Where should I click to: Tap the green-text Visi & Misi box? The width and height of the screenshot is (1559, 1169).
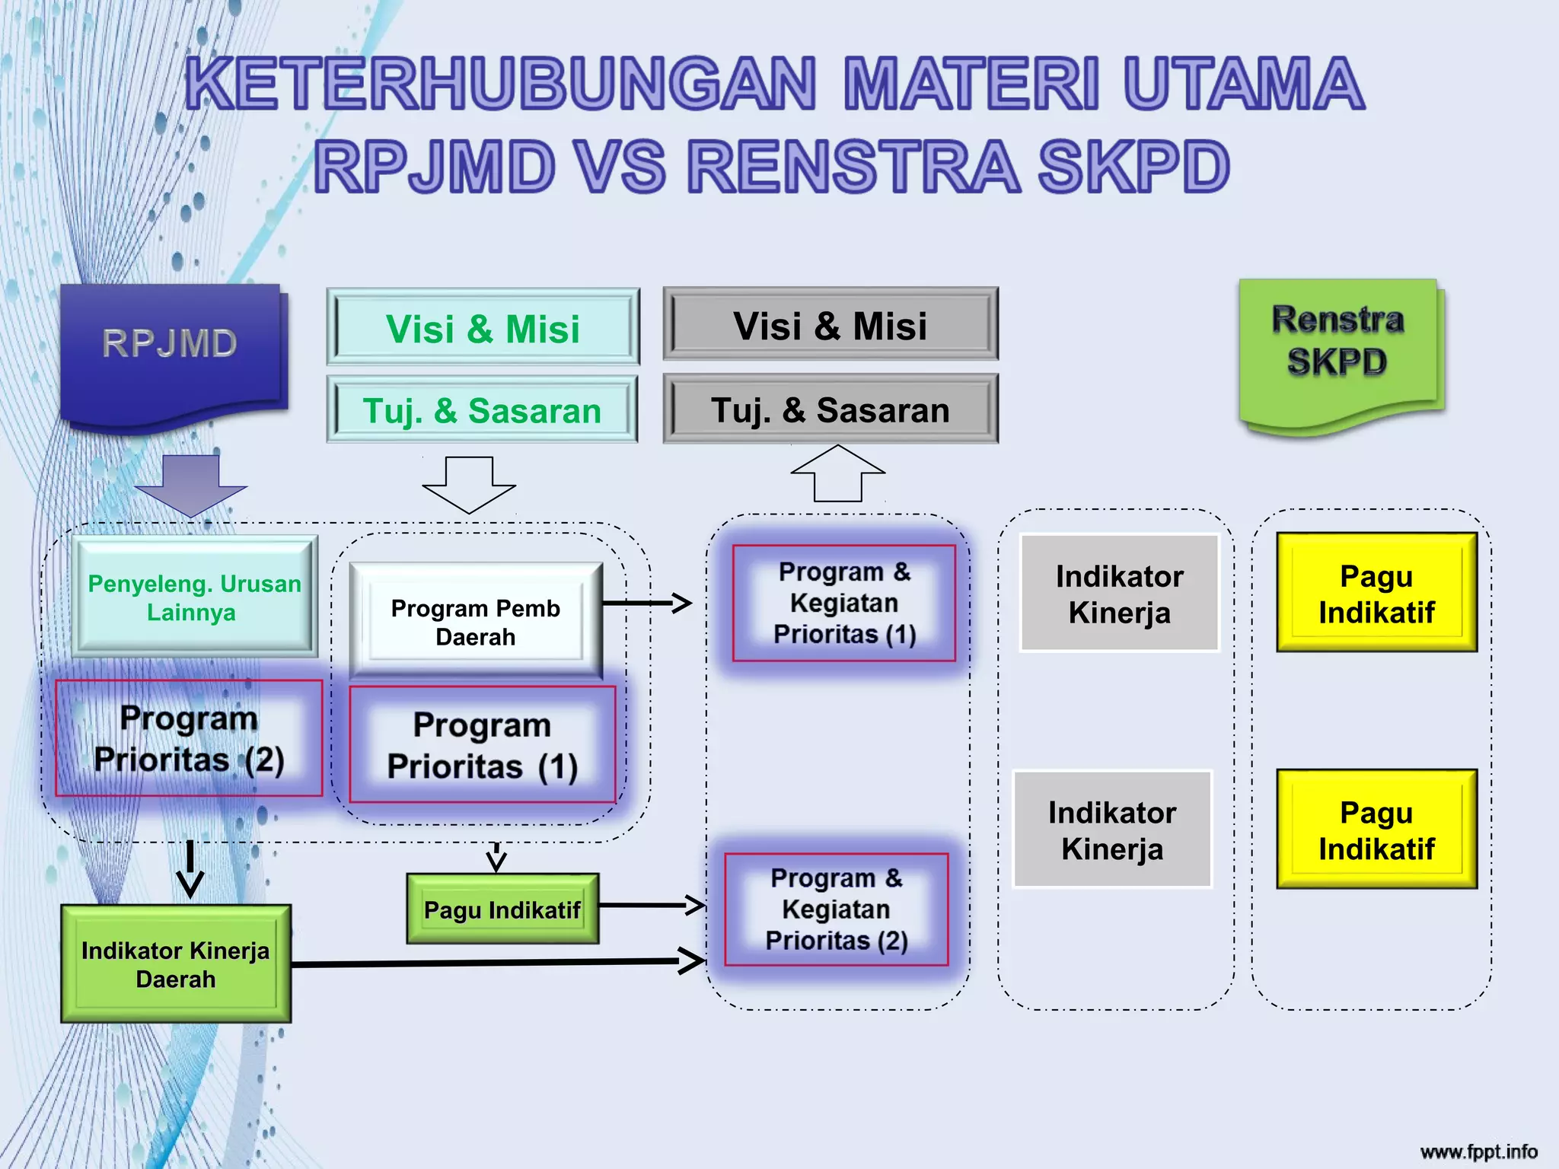483,328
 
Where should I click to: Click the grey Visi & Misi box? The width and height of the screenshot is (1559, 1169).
831,325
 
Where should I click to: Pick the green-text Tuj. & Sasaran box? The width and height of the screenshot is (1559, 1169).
483,410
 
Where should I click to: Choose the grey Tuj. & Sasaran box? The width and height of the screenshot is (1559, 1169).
831,409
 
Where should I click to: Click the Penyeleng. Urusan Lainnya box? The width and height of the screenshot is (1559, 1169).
194,597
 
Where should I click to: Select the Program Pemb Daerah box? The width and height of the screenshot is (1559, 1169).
476,621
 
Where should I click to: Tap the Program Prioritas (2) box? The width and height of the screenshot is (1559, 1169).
189,738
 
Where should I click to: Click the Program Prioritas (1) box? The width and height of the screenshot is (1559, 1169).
483,745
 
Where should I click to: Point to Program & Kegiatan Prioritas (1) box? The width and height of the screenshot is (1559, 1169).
843,603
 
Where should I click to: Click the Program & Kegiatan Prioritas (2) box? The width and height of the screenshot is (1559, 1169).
836,909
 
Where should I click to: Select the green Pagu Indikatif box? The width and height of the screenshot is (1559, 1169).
502,909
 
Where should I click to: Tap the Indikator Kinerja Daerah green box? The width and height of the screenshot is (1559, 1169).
176,964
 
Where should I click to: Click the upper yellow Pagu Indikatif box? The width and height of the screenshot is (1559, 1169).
1376,593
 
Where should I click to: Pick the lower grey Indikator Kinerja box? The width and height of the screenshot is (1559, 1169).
1112,830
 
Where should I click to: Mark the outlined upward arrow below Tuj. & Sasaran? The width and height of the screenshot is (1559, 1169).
837,473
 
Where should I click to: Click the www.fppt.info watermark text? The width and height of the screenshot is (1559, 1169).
1478,1151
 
